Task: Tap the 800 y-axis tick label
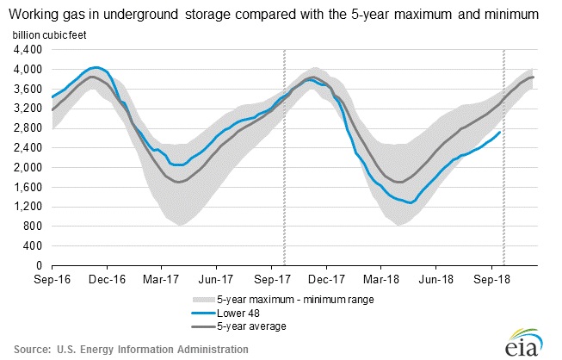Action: tap(32, 227)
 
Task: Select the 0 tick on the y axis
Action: tap(38, 266)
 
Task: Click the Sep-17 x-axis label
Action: tap(274, 279)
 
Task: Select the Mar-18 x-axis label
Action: tap(383, 279)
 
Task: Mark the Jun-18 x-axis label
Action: tap(438, 279)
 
